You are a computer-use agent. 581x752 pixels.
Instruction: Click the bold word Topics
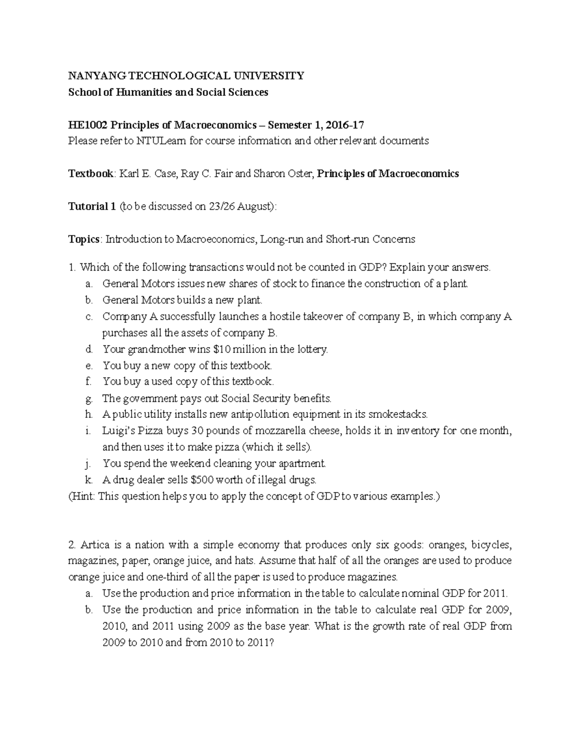coord(85,239)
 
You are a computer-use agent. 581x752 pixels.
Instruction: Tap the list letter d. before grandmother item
coord(88,349)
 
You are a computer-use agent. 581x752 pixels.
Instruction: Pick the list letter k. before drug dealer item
coord(88,480)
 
